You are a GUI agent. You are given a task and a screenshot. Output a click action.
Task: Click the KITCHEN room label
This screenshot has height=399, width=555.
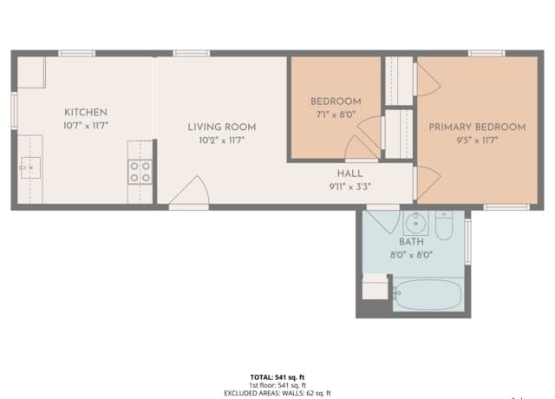pos(86,112)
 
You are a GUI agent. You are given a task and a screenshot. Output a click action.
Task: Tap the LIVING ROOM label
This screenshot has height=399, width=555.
pos(222,127)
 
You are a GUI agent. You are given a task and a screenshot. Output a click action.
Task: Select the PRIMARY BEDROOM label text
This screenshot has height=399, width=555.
pos(477,127)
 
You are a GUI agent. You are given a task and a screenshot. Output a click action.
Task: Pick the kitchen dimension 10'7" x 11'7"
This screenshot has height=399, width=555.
pos(86,126)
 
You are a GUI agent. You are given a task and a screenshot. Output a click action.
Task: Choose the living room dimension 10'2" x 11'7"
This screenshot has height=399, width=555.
pos(222,140)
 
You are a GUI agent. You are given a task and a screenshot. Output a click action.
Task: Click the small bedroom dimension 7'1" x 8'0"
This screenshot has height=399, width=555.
pos(335,114)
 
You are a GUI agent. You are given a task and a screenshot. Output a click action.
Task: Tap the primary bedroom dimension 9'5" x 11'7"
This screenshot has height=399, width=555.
pos(477,140)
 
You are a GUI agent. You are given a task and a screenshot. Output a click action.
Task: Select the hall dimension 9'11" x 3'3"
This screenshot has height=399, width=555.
pos(349,186)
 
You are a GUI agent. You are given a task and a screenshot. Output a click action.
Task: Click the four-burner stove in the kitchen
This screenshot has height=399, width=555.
pos(140,172)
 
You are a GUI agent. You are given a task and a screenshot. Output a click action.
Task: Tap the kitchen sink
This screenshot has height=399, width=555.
pos(30,164)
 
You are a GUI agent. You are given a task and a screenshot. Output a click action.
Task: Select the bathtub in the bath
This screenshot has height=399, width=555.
pos(428,295)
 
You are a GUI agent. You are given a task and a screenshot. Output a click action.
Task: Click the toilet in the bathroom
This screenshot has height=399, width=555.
pos(444,226)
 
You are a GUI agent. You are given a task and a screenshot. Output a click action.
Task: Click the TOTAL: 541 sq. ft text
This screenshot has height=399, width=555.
pos(277,377)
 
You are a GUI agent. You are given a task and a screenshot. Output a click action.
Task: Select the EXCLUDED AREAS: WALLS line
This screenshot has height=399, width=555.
pos(277,393)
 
